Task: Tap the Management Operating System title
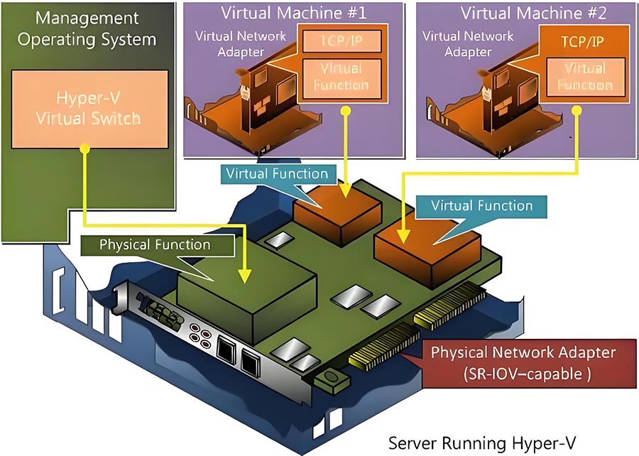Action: [x=87, y=28]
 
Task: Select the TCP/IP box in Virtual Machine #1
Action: [x=340, y=42]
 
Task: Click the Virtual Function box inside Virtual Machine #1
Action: [x=342, y=77]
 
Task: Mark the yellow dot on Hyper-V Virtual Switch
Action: [x=84, y=148]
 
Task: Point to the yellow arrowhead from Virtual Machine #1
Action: [x=344, y=190]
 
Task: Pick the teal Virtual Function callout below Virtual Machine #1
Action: [x=276, y=173]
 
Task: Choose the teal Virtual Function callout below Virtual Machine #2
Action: [x=481, y=206]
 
